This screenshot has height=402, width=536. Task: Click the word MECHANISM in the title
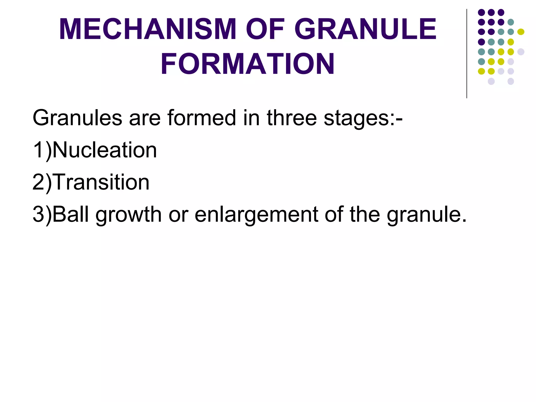point(148,29)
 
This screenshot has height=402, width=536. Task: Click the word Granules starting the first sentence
point(77,118)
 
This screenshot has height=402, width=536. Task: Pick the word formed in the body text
point(202,118)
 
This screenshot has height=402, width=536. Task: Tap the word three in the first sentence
point(292,118)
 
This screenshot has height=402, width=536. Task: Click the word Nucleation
point(105,150)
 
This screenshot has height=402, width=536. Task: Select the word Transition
point(102,182)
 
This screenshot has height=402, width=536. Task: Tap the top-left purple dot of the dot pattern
point(481,12)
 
